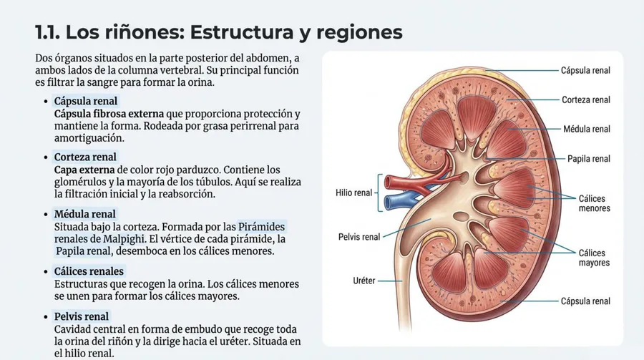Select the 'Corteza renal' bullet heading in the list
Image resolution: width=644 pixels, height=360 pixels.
point(85,157)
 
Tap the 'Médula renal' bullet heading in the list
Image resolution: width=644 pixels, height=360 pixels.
point(85,214)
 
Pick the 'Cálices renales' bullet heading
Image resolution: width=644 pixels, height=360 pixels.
point(89,271)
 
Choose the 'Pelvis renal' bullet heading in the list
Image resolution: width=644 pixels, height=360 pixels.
point(82,316)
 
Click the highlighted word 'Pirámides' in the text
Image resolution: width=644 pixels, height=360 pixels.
point(261,226)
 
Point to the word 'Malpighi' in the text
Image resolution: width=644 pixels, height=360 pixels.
point(124,239)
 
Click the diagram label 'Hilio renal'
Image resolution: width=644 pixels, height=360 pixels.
point(353,193)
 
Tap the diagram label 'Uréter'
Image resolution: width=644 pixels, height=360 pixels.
point(364,281)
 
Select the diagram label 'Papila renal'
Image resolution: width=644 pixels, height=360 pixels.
point(589,159)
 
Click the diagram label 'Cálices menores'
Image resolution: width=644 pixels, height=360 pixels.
point(595,203)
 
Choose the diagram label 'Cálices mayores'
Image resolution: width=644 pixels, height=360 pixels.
point(595,258)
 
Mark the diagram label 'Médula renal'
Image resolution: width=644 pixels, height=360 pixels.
point(587,129)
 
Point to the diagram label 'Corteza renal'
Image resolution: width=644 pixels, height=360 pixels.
point(586,100)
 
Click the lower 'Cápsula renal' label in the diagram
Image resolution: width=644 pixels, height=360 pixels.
point(585,301)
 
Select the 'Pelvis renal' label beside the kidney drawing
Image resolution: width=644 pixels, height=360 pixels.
point(359,237)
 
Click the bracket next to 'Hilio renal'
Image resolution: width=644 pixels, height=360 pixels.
point(379,193)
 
